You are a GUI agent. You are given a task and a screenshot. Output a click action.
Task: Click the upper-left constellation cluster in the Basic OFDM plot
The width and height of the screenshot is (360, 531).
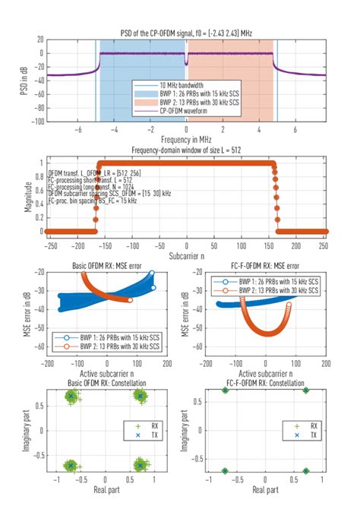coord(71,397)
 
